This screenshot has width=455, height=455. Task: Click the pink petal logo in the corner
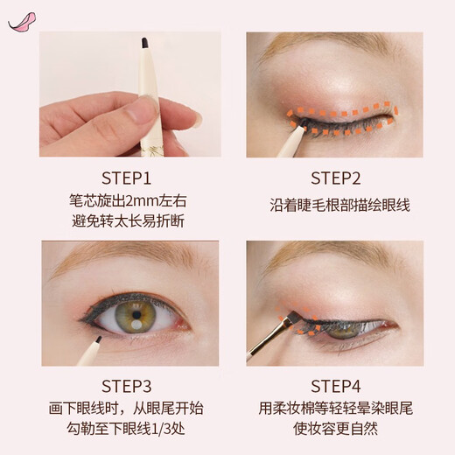click(18, 19)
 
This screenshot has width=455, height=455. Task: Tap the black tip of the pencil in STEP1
click(141, 39)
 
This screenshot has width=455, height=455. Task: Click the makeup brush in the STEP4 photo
click(271, 337)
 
